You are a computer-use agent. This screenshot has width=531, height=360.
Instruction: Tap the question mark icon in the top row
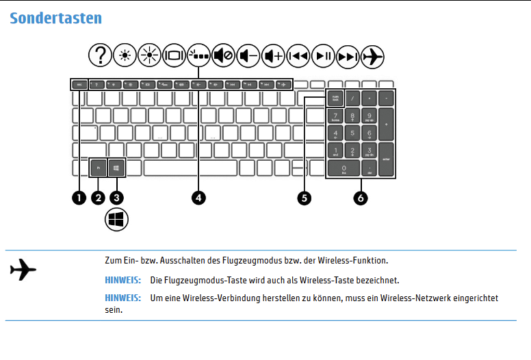(101, 55)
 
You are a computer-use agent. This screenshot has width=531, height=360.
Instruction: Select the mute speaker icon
(224, 55)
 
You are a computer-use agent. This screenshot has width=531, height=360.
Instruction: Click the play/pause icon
(323, 55)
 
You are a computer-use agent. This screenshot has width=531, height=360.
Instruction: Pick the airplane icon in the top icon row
(373, 55)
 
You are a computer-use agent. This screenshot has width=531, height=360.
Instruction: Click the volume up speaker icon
(274, 55)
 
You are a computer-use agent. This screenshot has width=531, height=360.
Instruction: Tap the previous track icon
(298, 55)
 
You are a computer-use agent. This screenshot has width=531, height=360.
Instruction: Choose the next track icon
(348, 55)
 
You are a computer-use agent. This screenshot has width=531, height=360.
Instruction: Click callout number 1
(79, 197)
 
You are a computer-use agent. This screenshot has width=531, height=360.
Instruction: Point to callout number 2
(98, 197)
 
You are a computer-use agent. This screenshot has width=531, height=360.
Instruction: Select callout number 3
(117, 197)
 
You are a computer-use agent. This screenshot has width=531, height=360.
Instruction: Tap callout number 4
(198, 197)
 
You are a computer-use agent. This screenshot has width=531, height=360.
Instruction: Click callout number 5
(305, 197)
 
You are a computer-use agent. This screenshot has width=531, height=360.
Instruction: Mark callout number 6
(360, 197)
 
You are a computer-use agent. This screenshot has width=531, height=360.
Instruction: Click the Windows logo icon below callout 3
(117, 220)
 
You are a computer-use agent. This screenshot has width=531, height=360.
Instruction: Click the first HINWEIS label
(123, 281)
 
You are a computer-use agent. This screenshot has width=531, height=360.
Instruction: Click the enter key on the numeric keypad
(387, 159)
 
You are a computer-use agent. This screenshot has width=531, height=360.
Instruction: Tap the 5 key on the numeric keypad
(352, 133)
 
